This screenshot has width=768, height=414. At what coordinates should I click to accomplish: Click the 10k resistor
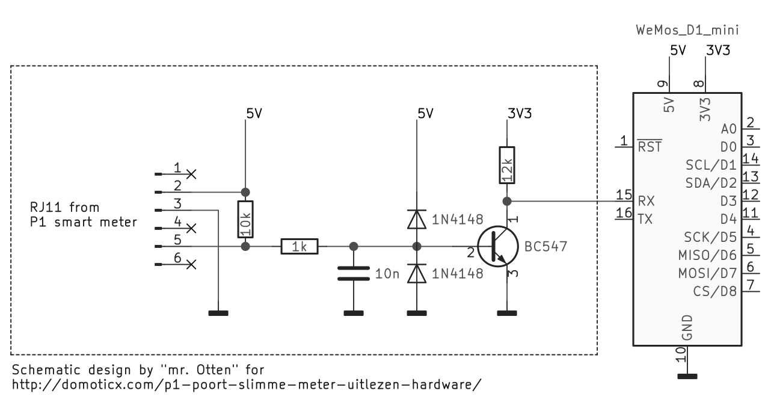pyautogui.click(x=245, y=220)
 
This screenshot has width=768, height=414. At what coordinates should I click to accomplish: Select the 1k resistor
pyautogui.click(x=299, y=246)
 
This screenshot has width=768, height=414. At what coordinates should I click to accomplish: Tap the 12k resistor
pyautogui.click(x=506, y=164)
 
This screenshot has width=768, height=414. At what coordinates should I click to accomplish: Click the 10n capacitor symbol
pyautogui.click(x=353, y=274)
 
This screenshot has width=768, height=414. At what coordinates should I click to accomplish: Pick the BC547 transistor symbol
pyautogui.click(x=499, y=247)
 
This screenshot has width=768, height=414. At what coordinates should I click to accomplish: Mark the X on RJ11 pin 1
pyautogui.click(x=192, y=174)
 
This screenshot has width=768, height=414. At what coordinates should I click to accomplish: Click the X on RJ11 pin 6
pyautogui.click(x=192, y=264)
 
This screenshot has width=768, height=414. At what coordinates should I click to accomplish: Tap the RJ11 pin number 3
pyautogui.click(x=177, y=203)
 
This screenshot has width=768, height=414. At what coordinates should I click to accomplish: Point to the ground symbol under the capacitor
pyautogui.click(x=353, y=313)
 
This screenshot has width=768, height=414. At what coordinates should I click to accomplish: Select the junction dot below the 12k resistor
pyautogui.click(x=506, y=200)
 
